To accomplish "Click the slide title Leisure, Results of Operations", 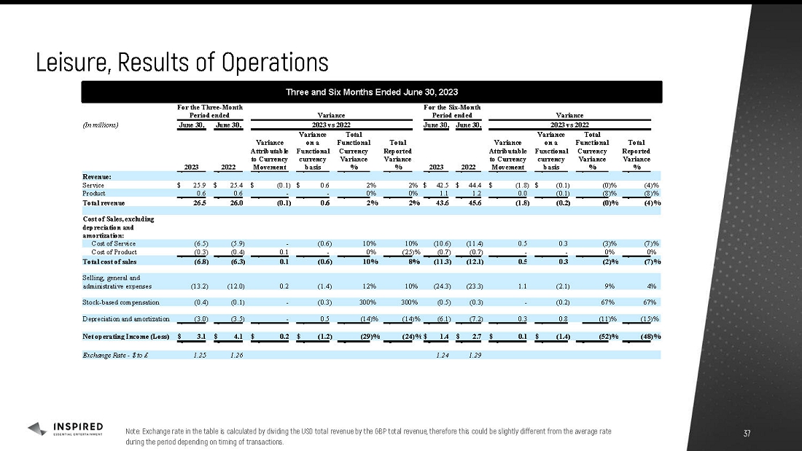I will click(182, 62).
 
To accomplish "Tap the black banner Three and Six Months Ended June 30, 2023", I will click(372, 92).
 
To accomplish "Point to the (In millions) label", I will click(101, 124).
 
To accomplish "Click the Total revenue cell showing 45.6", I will click(464, 203).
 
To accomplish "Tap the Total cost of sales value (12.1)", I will click(464, 261).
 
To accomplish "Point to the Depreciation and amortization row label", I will click(126, 319).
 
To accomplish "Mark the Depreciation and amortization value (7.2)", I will click(464, 319).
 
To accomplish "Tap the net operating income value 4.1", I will click(235, 337).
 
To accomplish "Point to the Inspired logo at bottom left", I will click(66, 429).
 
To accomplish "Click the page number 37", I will click(746, 434).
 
